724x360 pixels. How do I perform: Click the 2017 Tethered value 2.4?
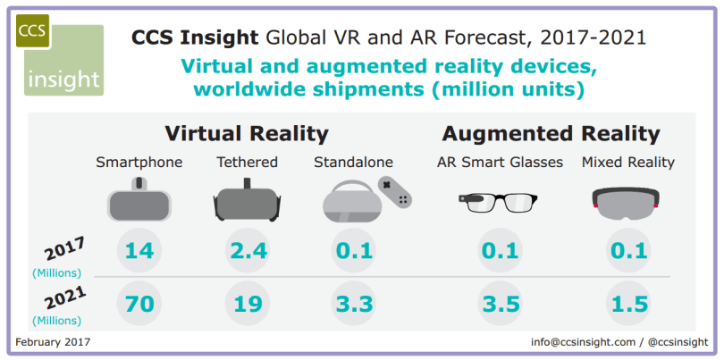tap(248, 251)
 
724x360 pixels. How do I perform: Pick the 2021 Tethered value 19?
tap(248, 304)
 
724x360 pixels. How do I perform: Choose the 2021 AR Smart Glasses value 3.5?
tap(500, 304)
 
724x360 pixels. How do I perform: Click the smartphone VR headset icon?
tap(139, 199)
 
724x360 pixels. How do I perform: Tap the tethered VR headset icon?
tap(248, 201)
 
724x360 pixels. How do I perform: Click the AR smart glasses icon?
tap(499, 201)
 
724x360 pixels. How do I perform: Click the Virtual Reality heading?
tap(247, 134)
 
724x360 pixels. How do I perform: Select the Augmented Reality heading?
tap(551, 134)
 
